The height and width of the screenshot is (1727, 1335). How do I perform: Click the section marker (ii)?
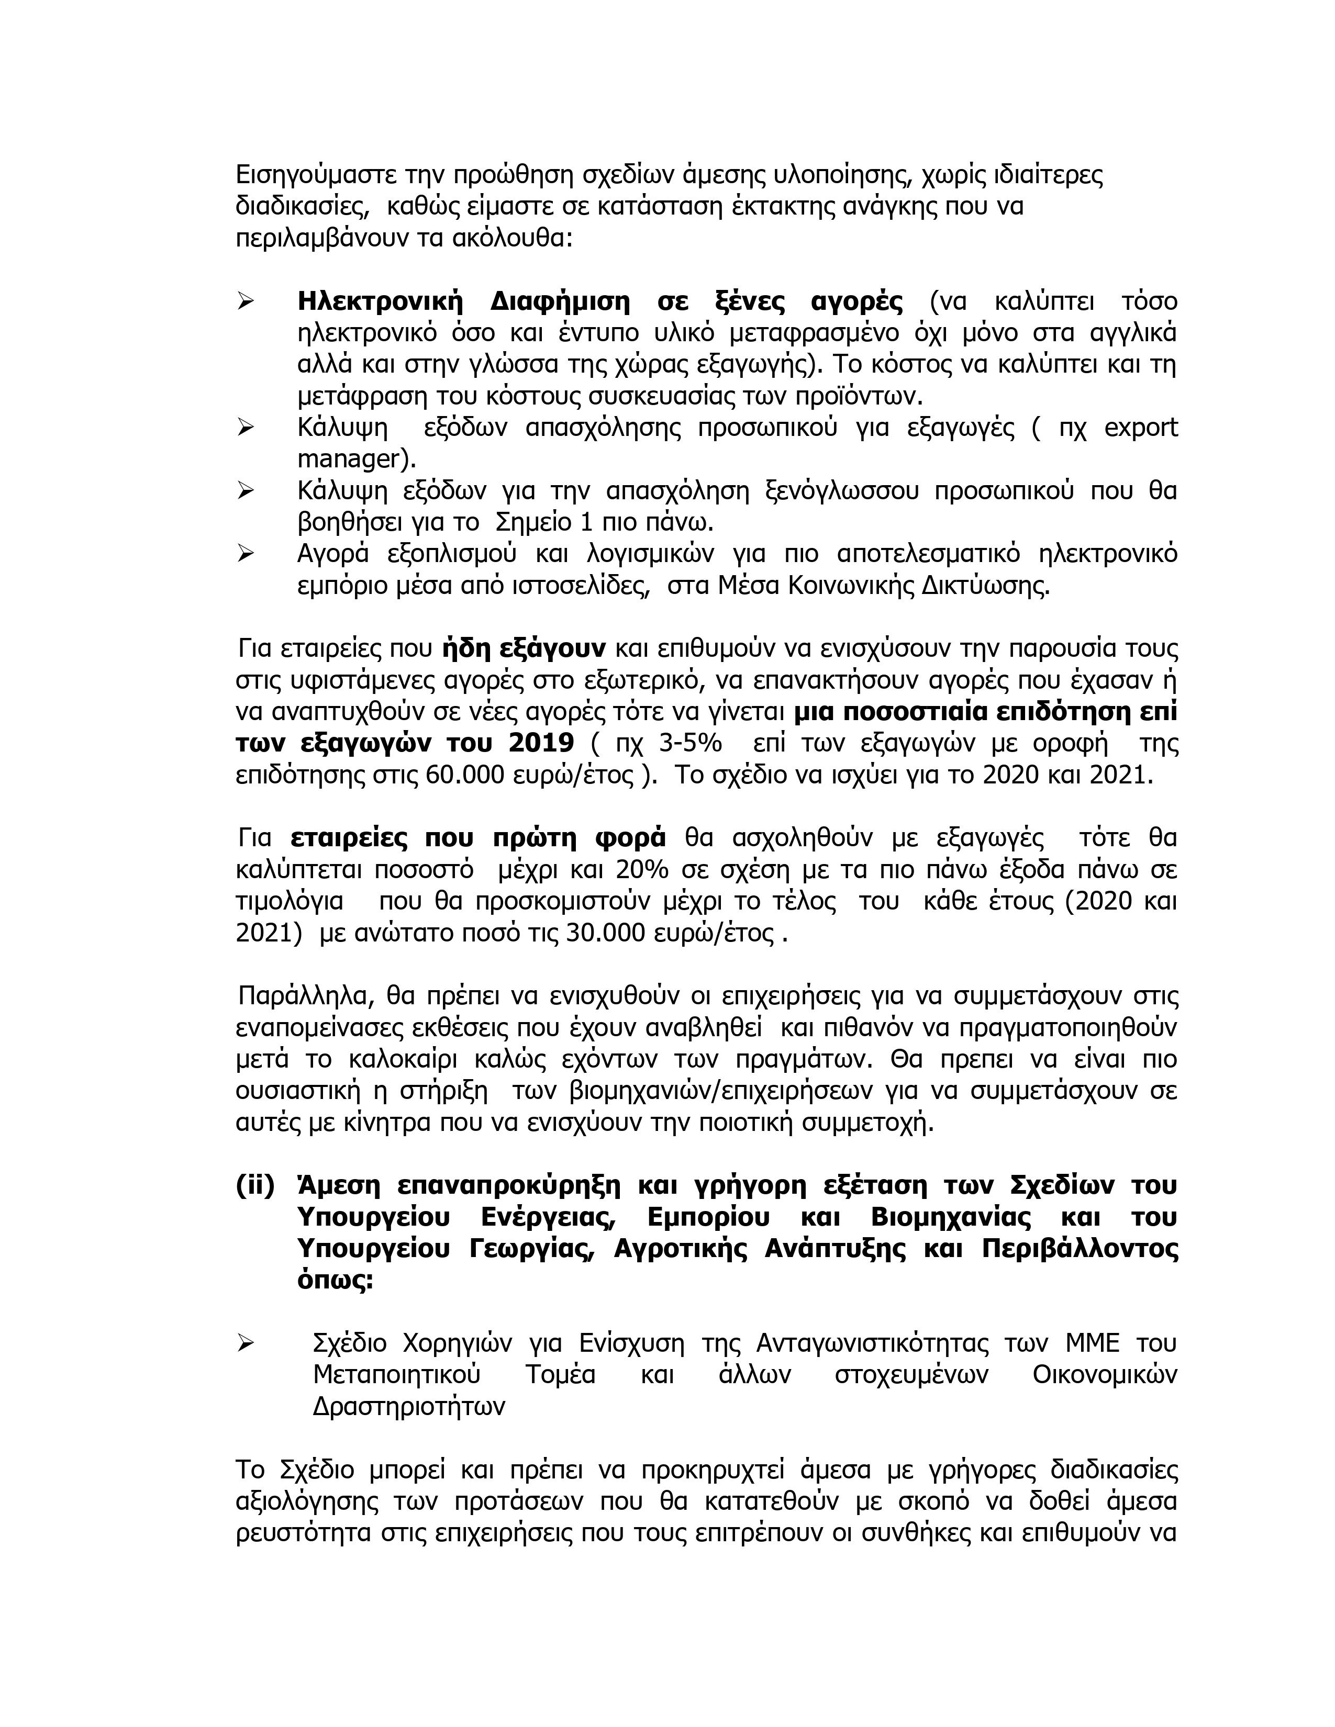click(254, 1186)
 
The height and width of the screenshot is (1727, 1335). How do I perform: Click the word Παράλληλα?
click(301, 996)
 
